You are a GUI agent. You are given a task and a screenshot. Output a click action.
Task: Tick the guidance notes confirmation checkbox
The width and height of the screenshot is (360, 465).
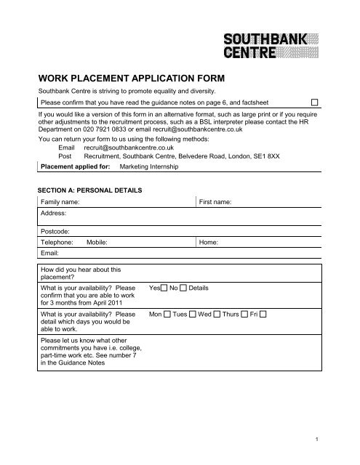[316, 102]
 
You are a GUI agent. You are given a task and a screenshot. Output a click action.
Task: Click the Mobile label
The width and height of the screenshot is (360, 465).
[97, 244]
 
